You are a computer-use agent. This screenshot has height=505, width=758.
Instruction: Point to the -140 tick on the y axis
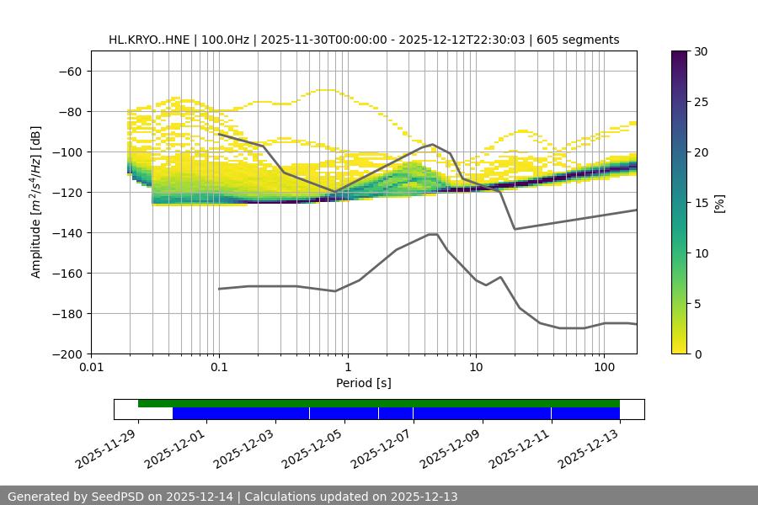[69, 232]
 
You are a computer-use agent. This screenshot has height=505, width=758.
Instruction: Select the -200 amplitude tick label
[69, 353]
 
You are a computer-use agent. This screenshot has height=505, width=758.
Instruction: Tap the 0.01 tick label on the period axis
[91, 368]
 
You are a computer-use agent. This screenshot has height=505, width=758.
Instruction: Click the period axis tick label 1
[347, 368]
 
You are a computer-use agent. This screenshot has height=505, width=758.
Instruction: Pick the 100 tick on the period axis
[604, 368]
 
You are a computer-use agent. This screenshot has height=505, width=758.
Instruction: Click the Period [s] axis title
[363, 383]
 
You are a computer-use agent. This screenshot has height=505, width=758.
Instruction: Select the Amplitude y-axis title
[36, 202]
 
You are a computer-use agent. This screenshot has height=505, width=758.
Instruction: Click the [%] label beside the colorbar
[719, 202]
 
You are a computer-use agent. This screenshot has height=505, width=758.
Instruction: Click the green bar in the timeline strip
[379, 403]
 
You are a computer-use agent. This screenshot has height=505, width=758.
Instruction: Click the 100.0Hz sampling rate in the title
[226, 40]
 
